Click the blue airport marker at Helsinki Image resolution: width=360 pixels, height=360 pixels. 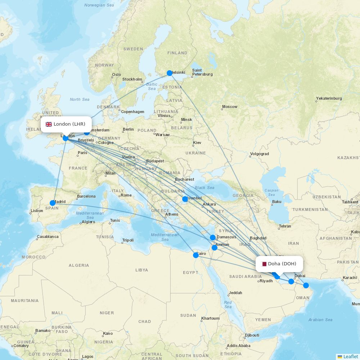[170, 73]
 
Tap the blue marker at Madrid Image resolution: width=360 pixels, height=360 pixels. [53, 203]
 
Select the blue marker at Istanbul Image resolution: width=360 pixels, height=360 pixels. [185, 199]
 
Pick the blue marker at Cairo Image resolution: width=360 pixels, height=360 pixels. [196, 255]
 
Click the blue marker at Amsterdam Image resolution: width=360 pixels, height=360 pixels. [87, 132]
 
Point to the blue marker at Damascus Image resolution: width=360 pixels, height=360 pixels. [213, 238]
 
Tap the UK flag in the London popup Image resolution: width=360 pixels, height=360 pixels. [49, 124]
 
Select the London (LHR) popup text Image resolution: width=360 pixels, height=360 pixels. [69, 124]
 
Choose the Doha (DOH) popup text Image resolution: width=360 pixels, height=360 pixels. [282, 264]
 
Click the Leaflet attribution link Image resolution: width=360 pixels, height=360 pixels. [350, 356]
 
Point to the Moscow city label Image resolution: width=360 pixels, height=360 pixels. [230, 107]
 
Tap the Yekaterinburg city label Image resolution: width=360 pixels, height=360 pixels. [329, 98]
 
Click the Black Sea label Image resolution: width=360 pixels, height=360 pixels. [204, 188]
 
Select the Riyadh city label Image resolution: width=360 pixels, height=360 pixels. [266, 281]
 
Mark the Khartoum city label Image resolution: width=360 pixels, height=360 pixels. [210, 318]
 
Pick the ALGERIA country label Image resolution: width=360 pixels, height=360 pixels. [78, 265]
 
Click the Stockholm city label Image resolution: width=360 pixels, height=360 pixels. [132, 79]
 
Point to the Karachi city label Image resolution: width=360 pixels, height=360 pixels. [350, 278]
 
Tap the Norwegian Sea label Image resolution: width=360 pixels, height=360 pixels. [99, 5]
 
